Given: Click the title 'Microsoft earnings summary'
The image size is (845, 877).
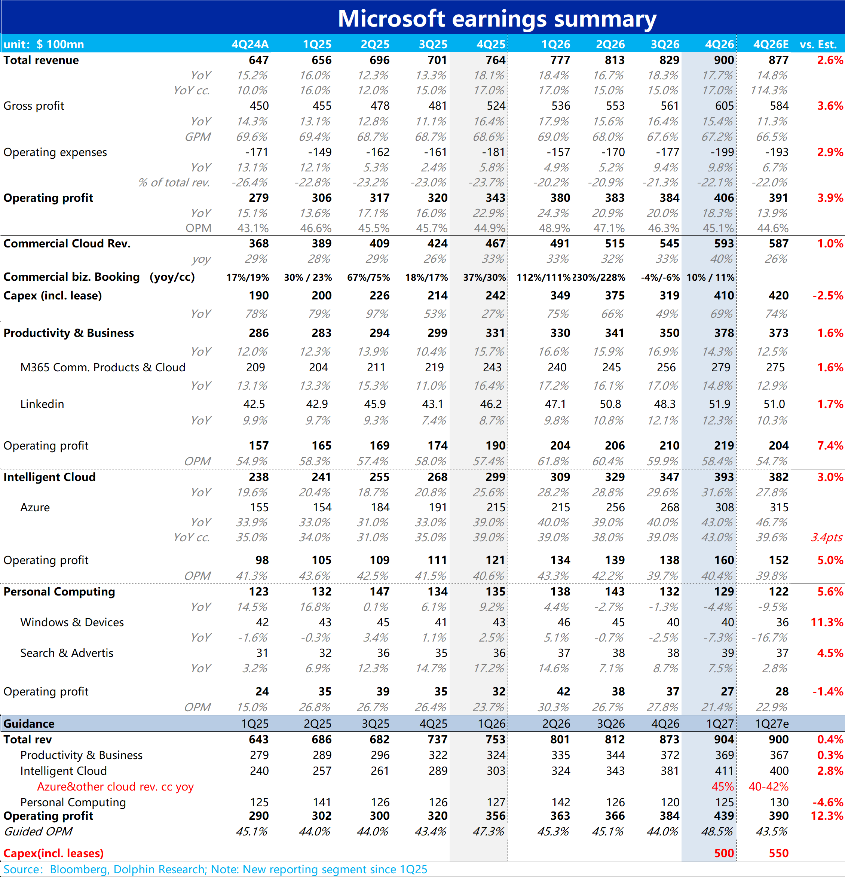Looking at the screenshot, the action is click(497, 19).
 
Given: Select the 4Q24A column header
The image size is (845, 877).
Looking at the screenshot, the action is click(250, 44).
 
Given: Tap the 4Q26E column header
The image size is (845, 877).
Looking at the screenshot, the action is click(771, 44).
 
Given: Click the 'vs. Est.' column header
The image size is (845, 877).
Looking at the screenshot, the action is click(818, 44).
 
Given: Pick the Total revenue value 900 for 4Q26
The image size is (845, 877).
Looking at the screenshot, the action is click(724, 60).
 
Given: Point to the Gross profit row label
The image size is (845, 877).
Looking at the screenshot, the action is click(34, 106).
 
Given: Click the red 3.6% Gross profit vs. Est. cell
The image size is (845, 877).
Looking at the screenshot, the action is click(830, 106).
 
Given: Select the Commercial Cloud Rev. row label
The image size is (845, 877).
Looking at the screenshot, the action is click(67, 243).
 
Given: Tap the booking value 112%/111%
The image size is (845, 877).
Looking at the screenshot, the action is click(543, 277).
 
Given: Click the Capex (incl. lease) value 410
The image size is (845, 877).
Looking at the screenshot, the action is click(724, 295).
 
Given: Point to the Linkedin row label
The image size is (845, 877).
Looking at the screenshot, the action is click(42, 404).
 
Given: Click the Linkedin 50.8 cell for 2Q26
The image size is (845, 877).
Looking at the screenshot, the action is click(610, 404).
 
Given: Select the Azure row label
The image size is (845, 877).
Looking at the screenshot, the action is click(35, 508).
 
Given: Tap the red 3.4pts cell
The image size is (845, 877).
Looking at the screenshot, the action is click(827, 538).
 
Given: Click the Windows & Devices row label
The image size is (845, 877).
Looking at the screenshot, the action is click(72, 622).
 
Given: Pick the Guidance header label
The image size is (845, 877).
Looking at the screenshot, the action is click(29, 724).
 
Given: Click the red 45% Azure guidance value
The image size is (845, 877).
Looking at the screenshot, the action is click(723, 787).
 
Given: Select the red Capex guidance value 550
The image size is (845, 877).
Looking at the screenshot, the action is click(779, 853).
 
